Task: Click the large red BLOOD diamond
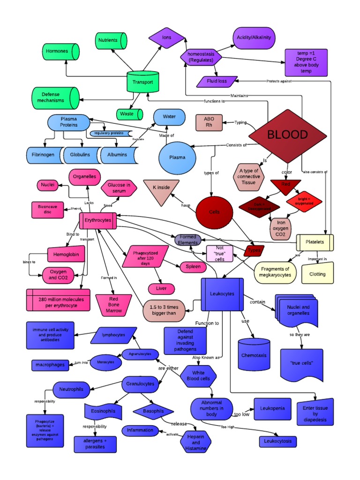(287, 135)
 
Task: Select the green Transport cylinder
(142, 82)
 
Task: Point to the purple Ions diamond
(167, 37)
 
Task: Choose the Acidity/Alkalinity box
(254, 37)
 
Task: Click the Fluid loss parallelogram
(217, 81)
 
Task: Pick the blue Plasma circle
(177, 157)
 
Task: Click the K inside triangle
(161, 189)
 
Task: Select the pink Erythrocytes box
(98, 220)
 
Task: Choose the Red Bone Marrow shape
(113, 304)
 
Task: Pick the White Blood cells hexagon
(199, 375)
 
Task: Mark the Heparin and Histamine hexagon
(196, 442)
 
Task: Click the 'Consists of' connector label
(236, 145)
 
